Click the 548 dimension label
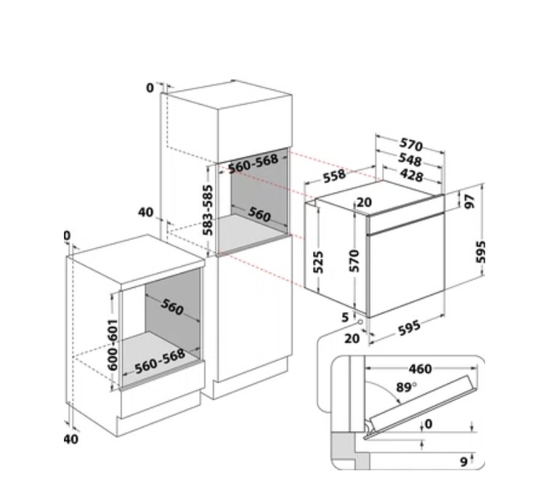click(410, 160)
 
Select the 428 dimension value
click(411, 175)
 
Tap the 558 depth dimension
click(334, 176)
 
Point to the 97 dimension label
click(470, 201)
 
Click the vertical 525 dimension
click(318, 262)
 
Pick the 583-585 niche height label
click(208, 210)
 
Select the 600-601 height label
click(113, 345)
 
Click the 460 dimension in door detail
click(421, 369)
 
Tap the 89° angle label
click(406, 388)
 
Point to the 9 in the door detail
click(464, 461)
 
